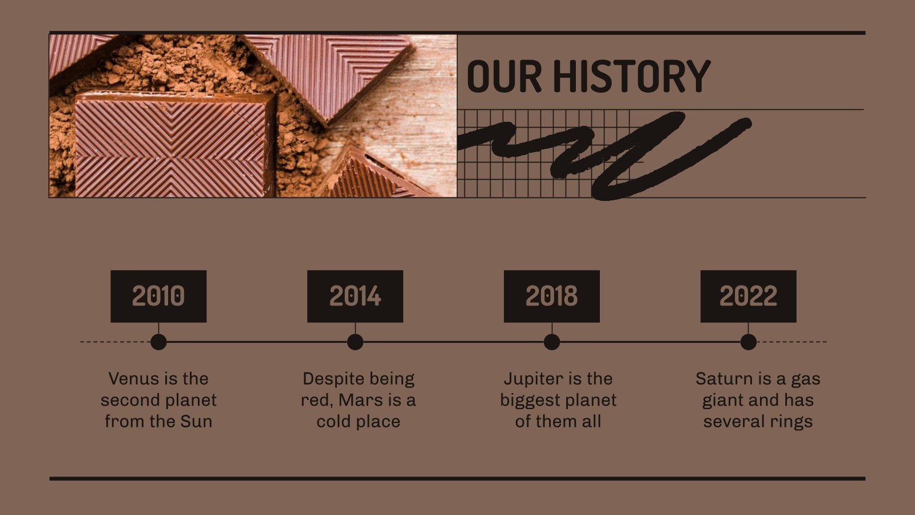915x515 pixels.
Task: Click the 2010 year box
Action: click(x=158, y=296)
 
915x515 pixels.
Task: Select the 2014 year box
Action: click(x=355, y=296)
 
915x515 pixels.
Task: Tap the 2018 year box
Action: click(x=552, y=296)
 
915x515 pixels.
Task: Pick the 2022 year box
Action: click(x=748, y=296)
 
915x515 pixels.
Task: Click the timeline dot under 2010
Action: click(x=158, y=342)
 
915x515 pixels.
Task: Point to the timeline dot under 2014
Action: click(x=355, y=342)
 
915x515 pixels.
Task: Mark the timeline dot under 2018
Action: click(x=552, y=342)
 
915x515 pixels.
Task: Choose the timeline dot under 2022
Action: click(x=748, y=342)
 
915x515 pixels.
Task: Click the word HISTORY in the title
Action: click(x=631, y=76)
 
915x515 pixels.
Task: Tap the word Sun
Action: click(x=196, y=422)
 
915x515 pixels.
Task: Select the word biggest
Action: click(x=527, y=401)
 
